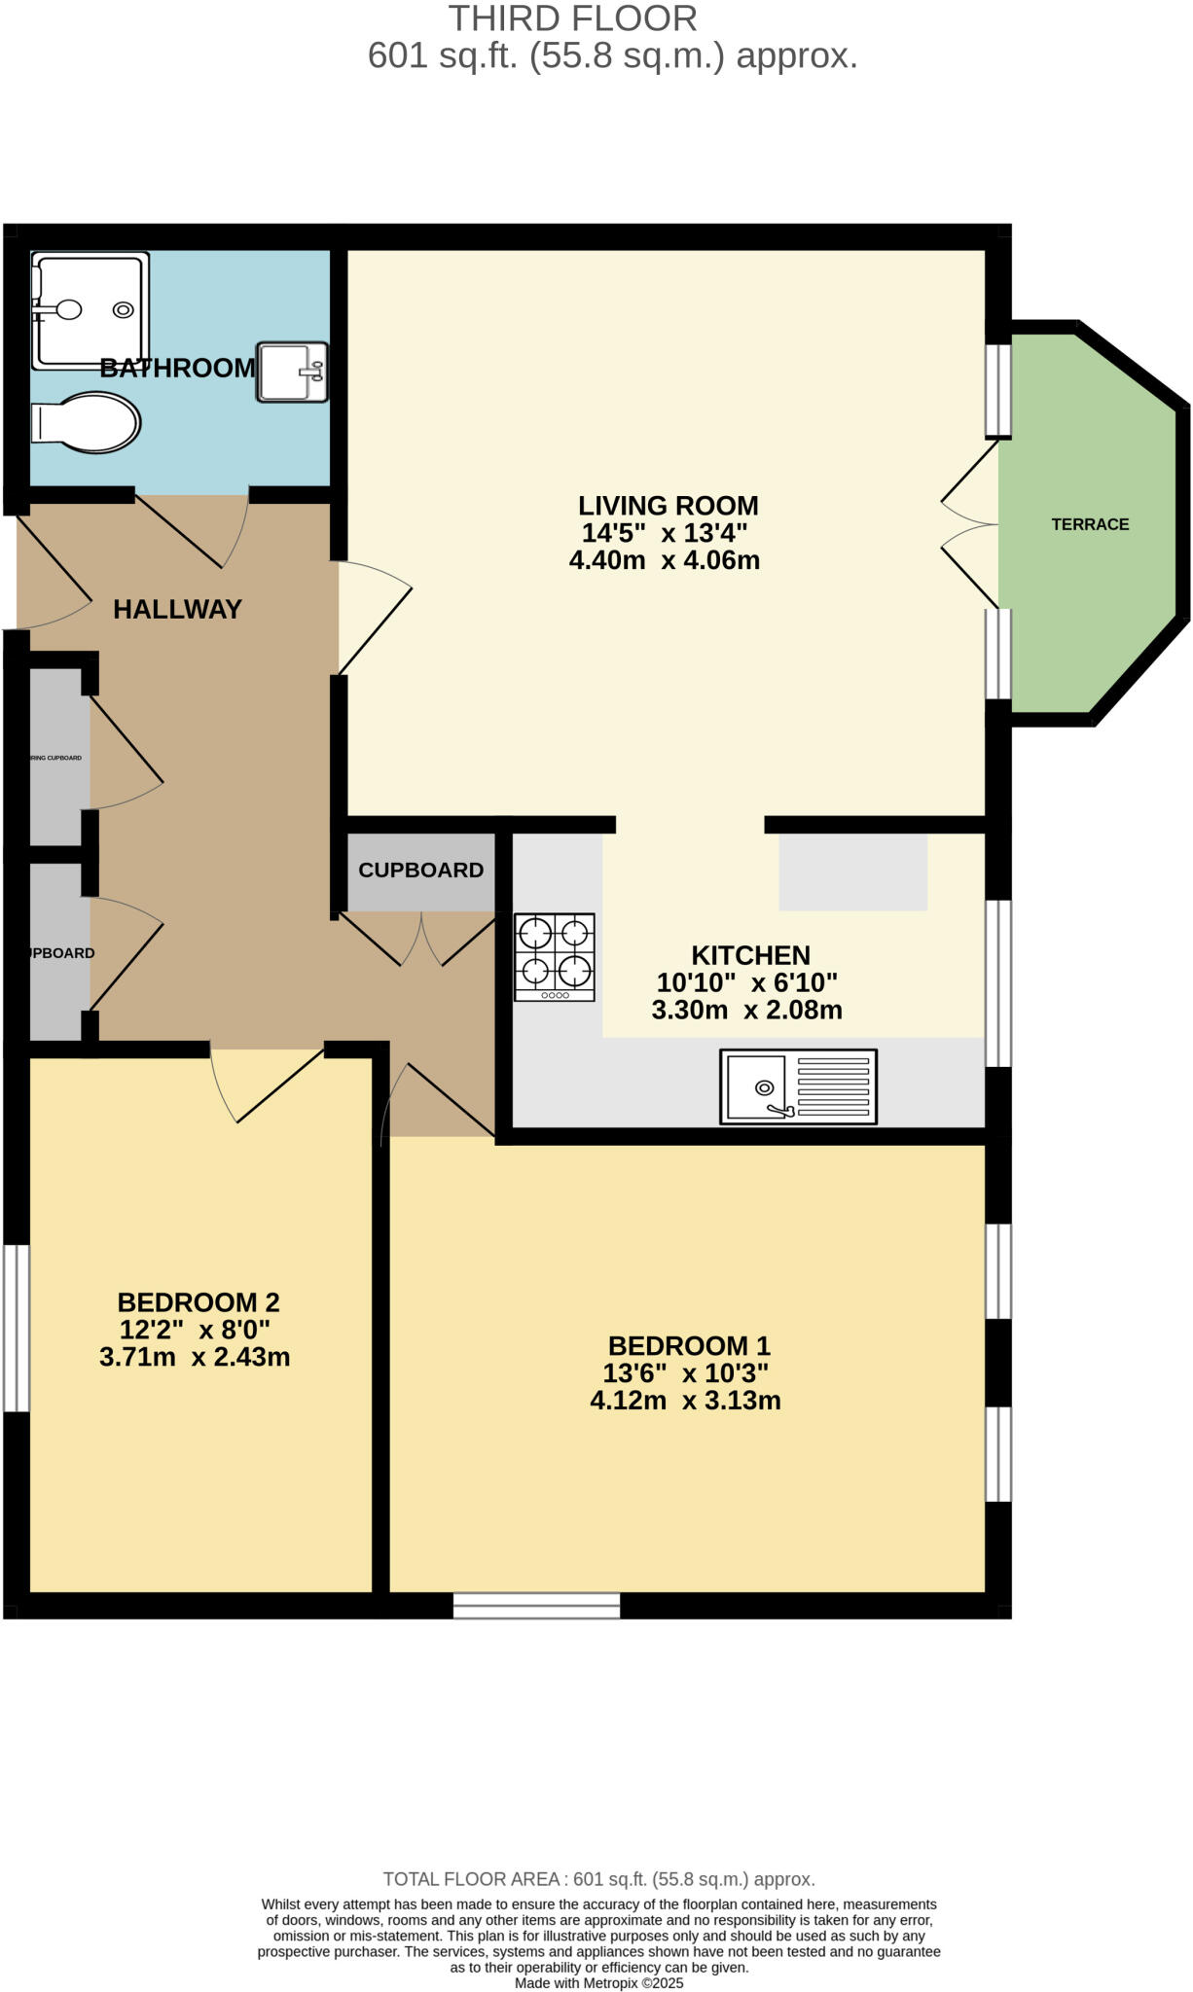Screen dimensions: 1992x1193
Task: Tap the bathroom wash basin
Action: point(291,372)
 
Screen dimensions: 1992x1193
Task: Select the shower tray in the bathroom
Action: point(90,310)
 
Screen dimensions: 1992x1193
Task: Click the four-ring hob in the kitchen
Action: point(555,957)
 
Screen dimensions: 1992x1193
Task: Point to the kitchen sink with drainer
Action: point(798,1086)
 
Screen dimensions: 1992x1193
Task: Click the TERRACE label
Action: point(1090,524)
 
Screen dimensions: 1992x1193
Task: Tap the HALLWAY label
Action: point(177,610)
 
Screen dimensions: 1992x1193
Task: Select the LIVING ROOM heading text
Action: point(668,506)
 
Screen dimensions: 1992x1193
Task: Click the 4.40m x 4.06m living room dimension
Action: point(664,560)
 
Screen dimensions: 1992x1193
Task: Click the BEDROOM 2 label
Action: point(199,1301)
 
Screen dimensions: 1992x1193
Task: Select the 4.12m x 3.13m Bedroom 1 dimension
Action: point(685,1401)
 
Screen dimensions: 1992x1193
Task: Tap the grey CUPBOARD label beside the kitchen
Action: point(420,871)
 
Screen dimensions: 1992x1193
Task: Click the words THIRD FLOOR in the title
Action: point(572,18)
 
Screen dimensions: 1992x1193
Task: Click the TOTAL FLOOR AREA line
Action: point(598,1879)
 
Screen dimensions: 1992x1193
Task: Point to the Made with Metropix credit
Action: point(598,1983)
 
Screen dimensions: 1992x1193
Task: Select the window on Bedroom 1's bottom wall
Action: point(536,1605)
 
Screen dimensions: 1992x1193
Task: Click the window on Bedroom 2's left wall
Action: point(16,1328)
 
